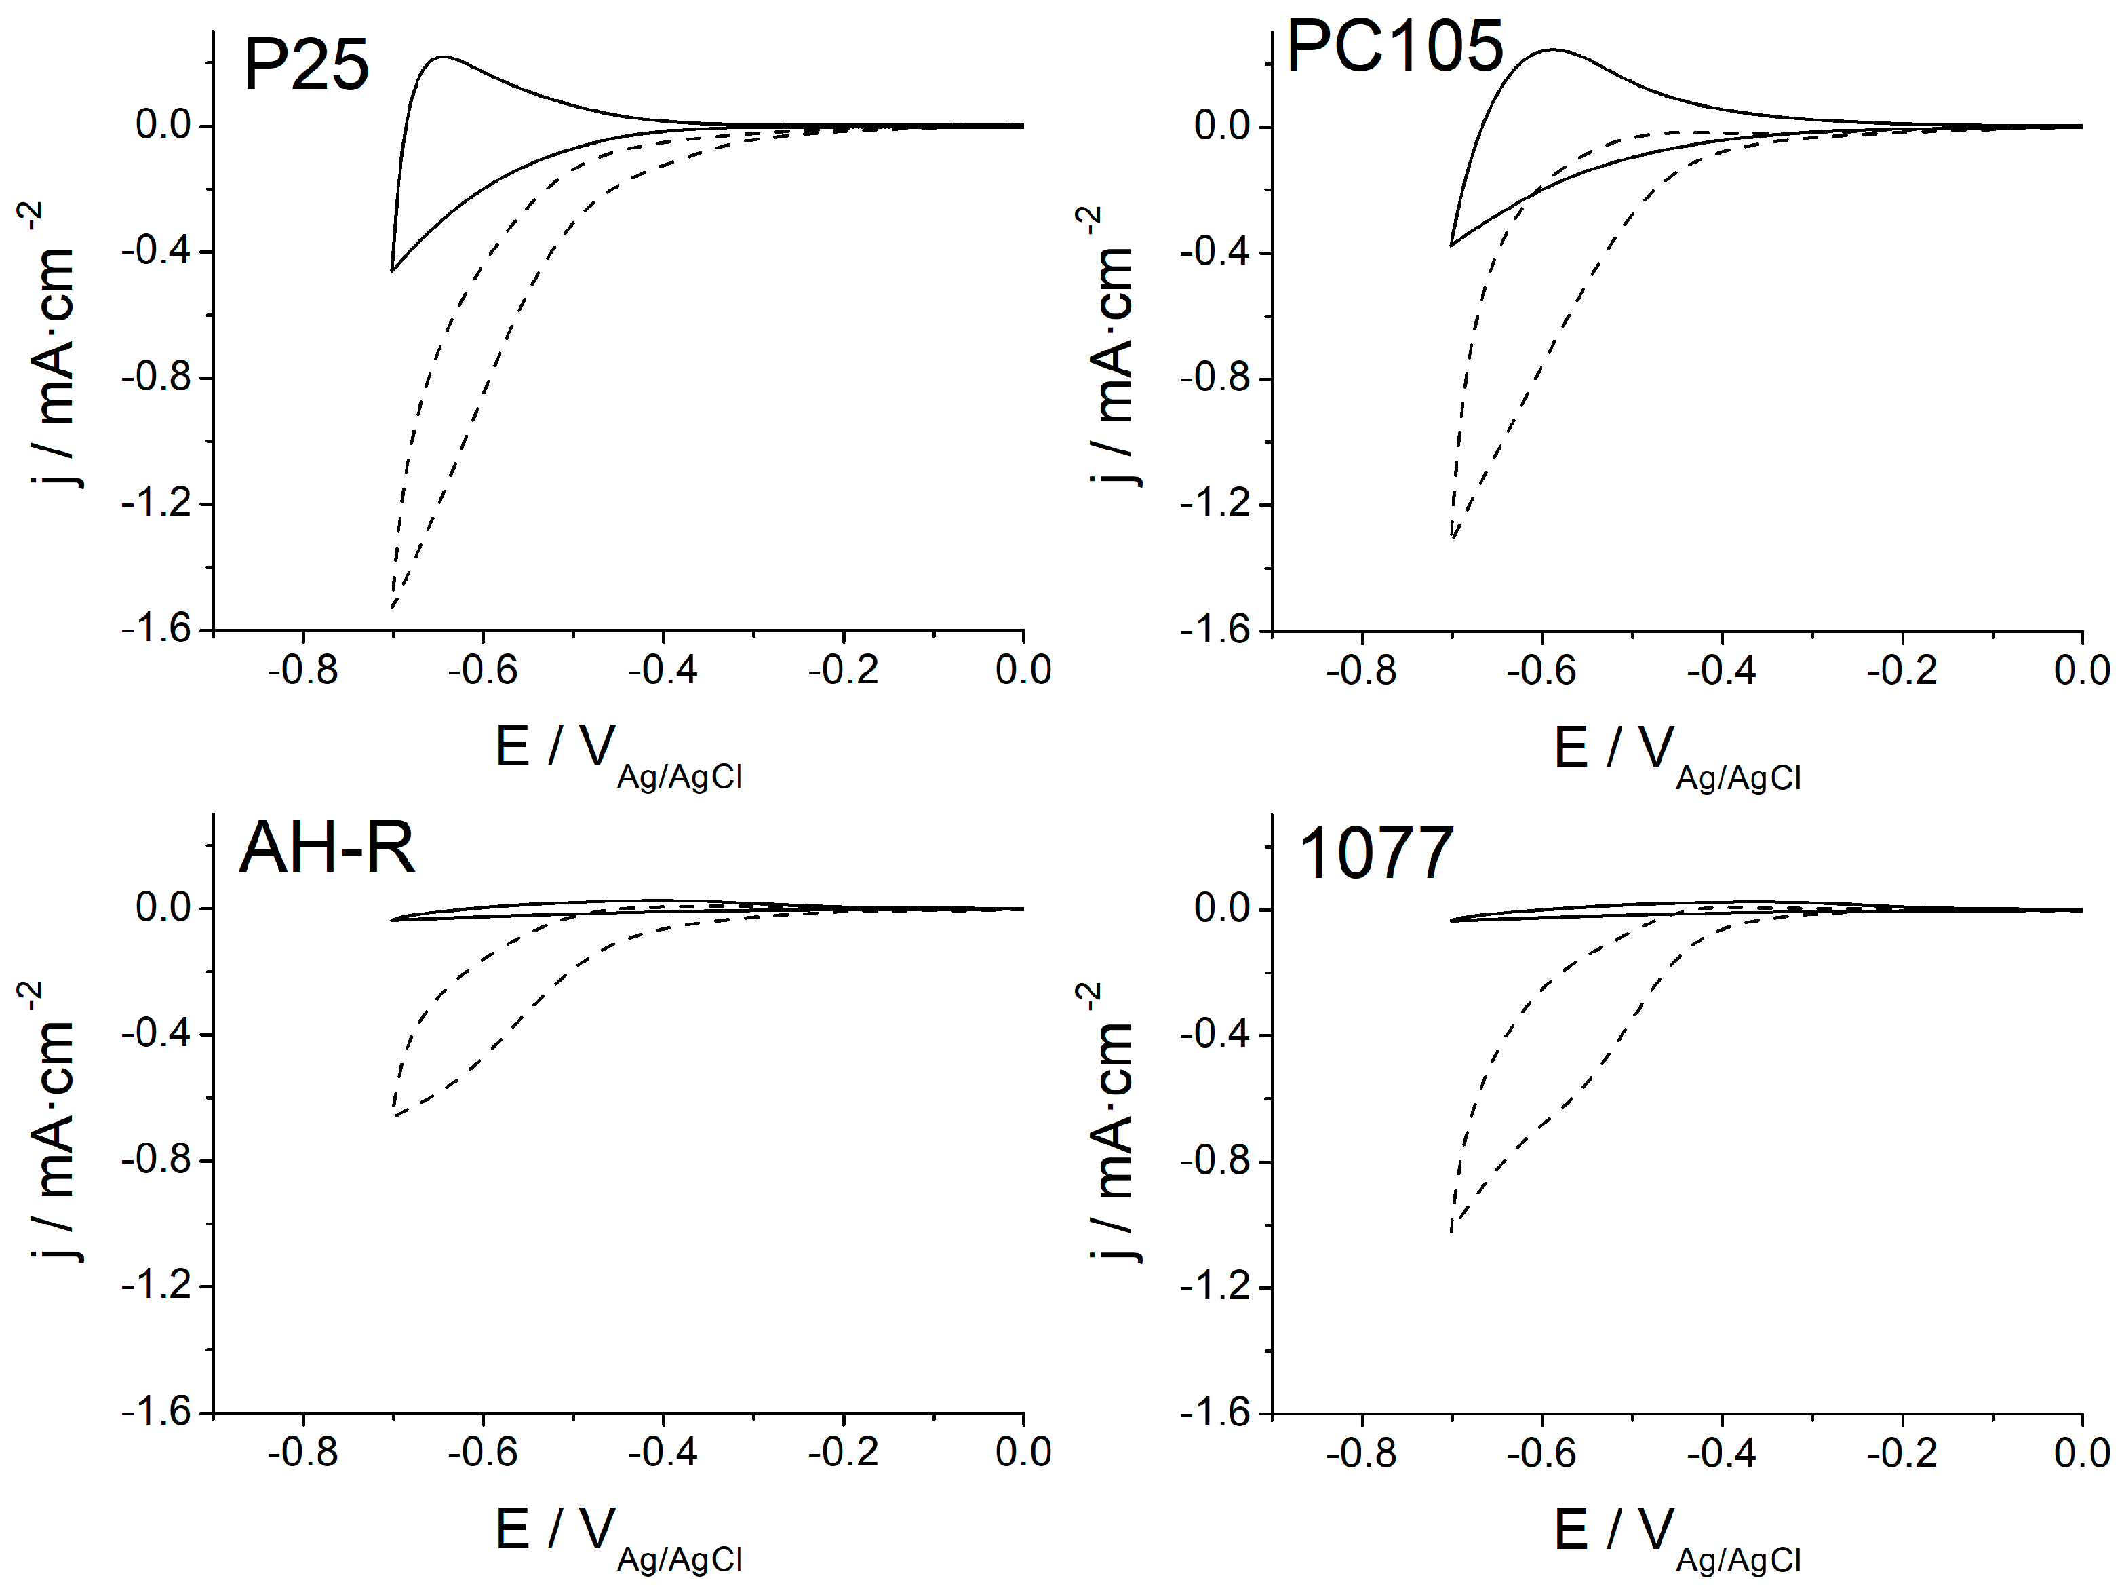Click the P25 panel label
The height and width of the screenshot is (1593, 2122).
[306, 65]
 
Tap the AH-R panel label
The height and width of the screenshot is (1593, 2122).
[326, 848]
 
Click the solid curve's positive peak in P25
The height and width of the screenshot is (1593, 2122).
[444, 58]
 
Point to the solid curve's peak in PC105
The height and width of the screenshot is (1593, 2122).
[1550, 50]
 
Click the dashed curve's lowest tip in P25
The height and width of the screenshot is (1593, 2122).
[393, 607]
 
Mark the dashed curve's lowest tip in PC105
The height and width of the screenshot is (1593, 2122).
[1454, 537]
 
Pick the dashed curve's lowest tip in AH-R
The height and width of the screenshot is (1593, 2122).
[394, 1115]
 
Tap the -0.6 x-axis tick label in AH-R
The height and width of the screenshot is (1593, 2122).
[483, 1453]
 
